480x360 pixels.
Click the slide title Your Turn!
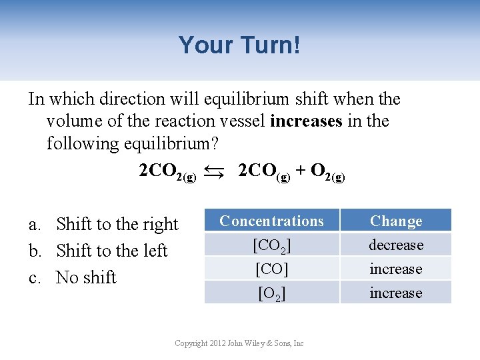pyautogui.click(x=239, y=45)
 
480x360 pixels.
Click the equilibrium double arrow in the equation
pyautogui.click(x=215, y=172)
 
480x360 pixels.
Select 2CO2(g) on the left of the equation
pyautogui.click(x=167, y=172)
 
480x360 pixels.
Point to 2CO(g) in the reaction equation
pyautogui.click(x=264, y=172)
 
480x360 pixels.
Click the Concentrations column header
pyautogui.click(x=271, y=221)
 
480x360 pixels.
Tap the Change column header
pyautogui.click(x=396, y=221)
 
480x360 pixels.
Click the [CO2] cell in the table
pyautogui.click(x=271, y=245)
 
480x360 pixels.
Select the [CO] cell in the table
pyautogui.click(x=271, y=269)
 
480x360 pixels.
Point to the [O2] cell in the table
pyautogui.click(x=271, y=293)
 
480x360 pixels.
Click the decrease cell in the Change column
pyautogui.click(x=396, y=245)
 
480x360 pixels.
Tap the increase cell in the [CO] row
pyautogui.click(x=396, y=269)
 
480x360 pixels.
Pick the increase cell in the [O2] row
pyautogui.click(x=396, y=293)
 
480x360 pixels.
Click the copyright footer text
pyautogui.click(x=239, y=343)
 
